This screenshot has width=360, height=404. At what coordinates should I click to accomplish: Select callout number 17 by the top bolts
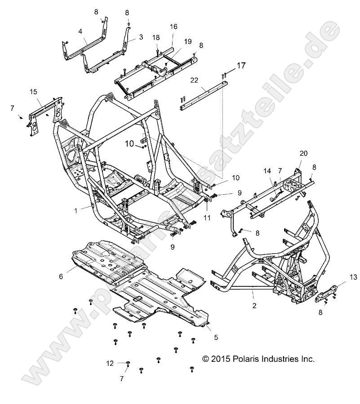241,66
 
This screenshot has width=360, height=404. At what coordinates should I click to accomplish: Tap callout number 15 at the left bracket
33,92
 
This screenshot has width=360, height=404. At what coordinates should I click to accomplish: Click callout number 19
187,41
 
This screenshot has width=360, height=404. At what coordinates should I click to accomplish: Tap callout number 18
156,37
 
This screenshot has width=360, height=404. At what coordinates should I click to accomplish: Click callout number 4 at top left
80,31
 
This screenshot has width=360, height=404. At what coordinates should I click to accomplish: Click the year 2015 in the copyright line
220,359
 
